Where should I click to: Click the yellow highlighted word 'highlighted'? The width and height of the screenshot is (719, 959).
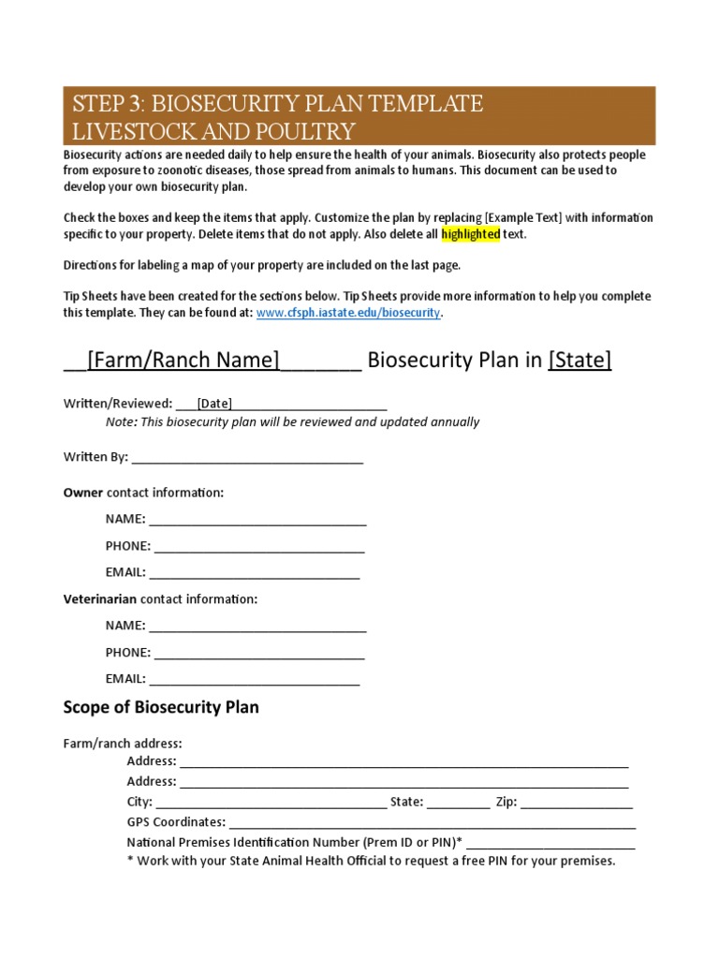471,234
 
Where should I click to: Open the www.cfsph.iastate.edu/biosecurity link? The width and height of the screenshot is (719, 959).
348,313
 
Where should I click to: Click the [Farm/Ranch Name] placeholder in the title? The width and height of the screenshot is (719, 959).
183,361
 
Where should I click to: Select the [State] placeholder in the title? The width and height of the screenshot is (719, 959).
580,361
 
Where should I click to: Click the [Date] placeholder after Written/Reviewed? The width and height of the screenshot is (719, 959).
214,404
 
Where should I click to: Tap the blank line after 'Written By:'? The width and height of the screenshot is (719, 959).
248,458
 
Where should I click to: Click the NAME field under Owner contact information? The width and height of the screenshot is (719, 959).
257,519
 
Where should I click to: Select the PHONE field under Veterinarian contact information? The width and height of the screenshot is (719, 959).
259,652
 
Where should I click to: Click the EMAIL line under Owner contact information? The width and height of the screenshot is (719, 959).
255,572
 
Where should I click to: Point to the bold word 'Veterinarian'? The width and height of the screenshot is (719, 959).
99,598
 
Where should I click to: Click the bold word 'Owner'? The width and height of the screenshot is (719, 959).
82,493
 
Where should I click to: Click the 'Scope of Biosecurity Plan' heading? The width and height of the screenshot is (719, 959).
161,707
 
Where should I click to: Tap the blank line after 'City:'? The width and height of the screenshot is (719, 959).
271,802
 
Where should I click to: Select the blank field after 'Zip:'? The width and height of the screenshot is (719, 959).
577,802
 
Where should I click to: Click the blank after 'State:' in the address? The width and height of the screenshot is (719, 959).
458,802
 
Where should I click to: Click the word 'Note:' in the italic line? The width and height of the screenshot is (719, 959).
121,422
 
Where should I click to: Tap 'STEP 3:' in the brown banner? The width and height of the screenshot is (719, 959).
105,103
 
